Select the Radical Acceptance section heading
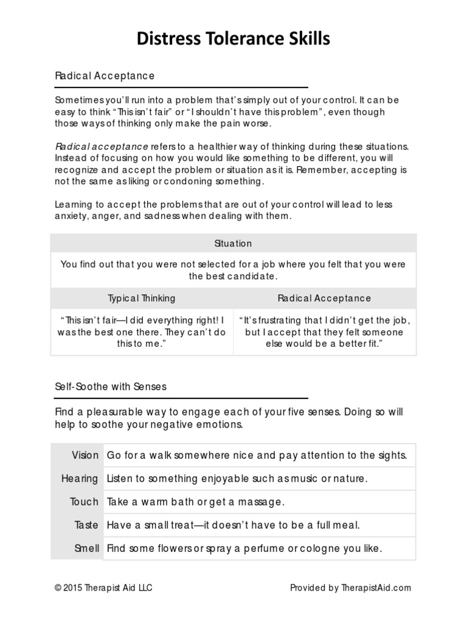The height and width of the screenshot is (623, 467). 105,76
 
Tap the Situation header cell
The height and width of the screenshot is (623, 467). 233,243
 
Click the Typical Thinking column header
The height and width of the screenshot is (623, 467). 142,298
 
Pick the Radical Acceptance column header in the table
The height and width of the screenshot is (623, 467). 324,298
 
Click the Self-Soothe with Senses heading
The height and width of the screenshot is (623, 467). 111,386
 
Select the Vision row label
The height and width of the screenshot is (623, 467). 85,455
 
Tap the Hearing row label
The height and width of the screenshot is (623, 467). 80,478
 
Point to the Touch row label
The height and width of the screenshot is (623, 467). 84,502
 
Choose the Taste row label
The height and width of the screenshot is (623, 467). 86,524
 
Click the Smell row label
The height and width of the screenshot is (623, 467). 86,548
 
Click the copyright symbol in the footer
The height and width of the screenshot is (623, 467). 58,588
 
